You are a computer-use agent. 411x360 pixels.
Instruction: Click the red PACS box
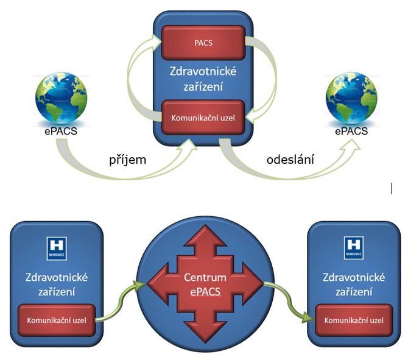click(203, 43)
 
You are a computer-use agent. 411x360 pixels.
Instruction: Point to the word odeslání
click(291, 160)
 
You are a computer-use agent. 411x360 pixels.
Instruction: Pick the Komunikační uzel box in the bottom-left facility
click(56, 319)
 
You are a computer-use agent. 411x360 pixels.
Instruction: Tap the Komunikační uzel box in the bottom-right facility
click(354, 319)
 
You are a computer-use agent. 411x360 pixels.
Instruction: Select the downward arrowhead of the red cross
click(201, 332)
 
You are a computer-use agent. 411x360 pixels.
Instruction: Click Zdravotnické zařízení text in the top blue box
click(203, 79)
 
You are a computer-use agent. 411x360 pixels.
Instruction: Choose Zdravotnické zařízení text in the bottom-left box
click(56, 284)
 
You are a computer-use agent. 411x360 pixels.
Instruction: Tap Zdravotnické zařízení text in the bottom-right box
click(354, 284)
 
